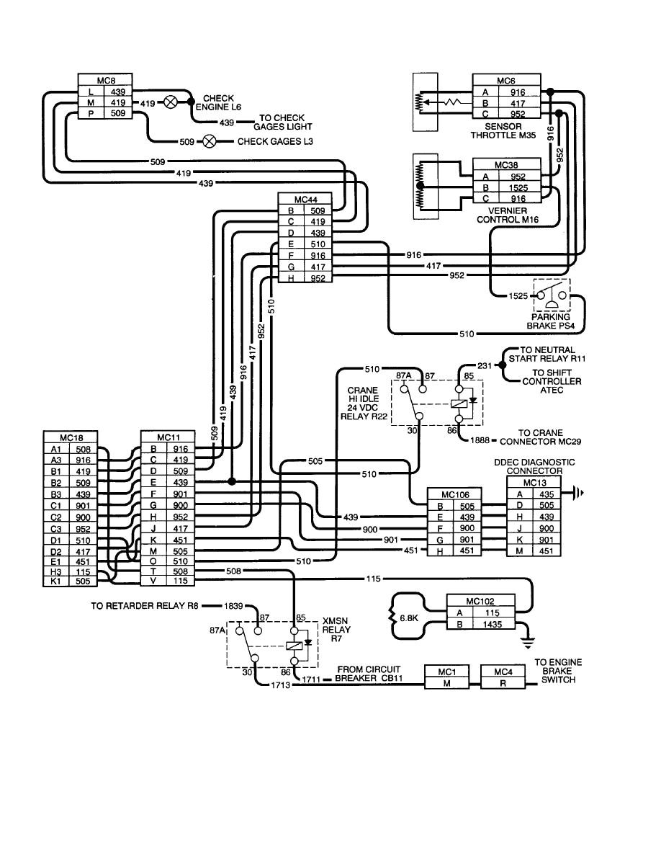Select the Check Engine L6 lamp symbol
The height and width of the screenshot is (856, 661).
coord(171,102)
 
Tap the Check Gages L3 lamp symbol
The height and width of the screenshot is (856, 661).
coord(210,141)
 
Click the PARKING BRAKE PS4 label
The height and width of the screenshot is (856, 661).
coord(551,321)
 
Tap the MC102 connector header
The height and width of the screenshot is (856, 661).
coord(470,600)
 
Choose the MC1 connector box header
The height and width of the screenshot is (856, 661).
coord(446,672)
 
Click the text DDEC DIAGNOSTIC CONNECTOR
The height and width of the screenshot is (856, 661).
coord(534,466)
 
